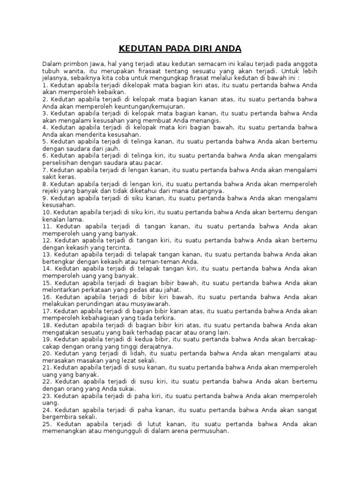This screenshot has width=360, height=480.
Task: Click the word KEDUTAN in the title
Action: coord(139,49)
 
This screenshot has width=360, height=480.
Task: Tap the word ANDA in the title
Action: coord(227,49)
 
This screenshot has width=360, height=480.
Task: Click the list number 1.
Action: coord(44,86)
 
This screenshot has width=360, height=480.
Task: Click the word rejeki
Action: coord(52,191)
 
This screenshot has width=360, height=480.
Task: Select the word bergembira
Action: coord(61,416)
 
